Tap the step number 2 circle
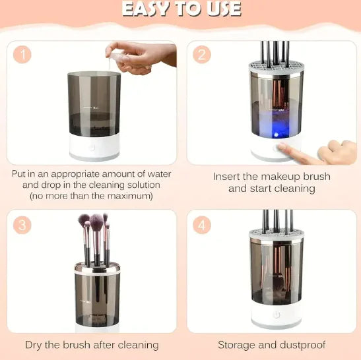point(202,55)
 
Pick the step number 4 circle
point(202,225)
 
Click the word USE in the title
point(220,9)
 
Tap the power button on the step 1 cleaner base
point(92,148)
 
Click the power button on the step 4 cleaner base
point(277,315)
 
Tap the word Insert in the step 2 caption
point(228,177)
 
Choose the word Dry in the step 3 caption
point(35,344)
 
